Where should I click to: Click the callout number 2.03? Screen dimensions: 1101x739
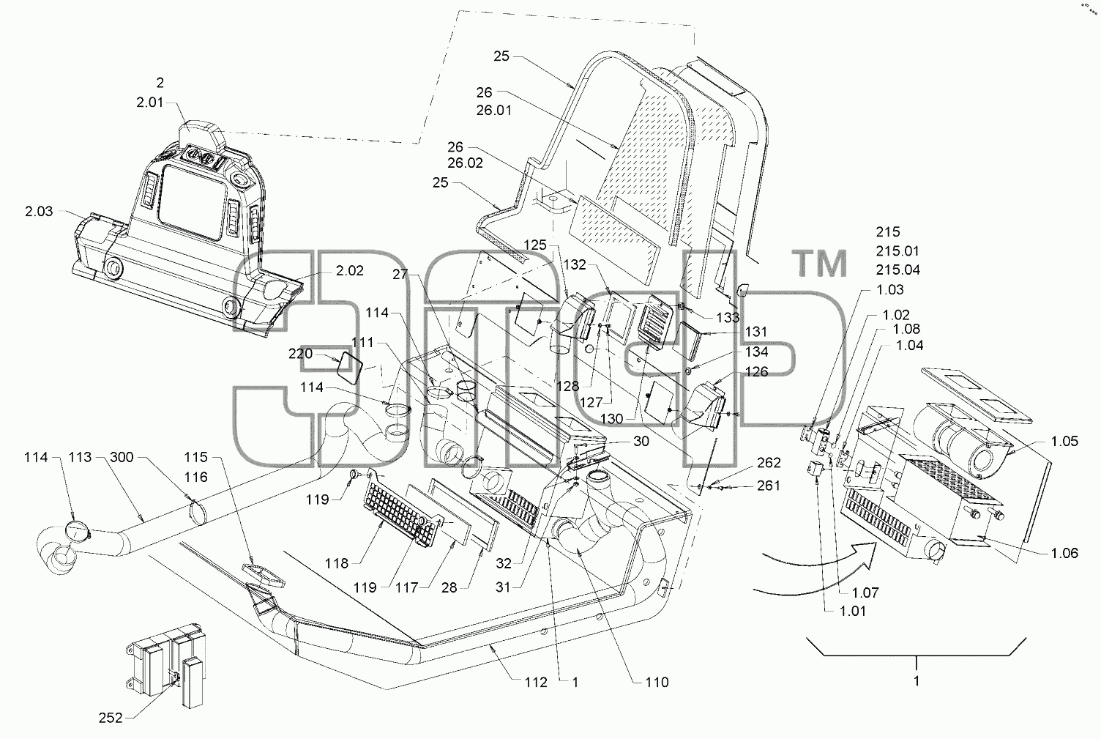(x=39, y=212)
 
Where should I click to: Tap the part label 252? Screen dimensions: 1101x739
(x=111, y=718)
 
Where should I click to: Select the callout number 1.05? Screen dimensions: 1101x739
(x=1064, y=441)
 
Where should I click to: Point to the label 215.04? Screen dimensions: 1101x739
(x=898, y=270)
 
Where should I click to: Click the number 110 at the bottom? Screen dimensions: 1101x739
(x=657, y=682)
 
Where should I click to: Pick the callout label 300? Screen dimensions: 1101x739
(x=122, y=457)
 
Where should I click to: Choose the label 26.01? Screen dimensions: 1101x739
(x=494, y=110)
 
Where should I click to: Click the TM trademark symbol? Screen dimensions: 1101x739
(x=820, y=264)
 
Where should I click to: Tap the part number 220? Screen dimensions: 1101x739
(x=301, y=354)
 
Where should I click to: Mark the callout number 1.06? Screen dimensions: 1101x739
(x=1064, y=553)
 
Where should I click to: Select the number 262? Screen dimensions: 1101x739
(x=769, y=462)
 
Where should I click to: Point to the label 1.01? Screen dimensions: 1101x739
(x=853, y=611)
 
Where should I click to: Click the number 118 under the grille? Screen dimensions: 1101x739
(x=337, y=563)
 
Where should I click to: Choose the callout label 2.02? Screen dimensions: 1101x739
(x=350, y=270)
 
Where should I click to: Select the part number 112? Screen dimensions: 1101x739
(x=536, y=682)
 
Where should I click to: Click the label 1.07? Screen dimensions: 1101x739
(x=865, y=593)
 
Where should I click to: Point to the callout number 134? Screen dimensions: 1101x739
(x=756, y=352)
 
